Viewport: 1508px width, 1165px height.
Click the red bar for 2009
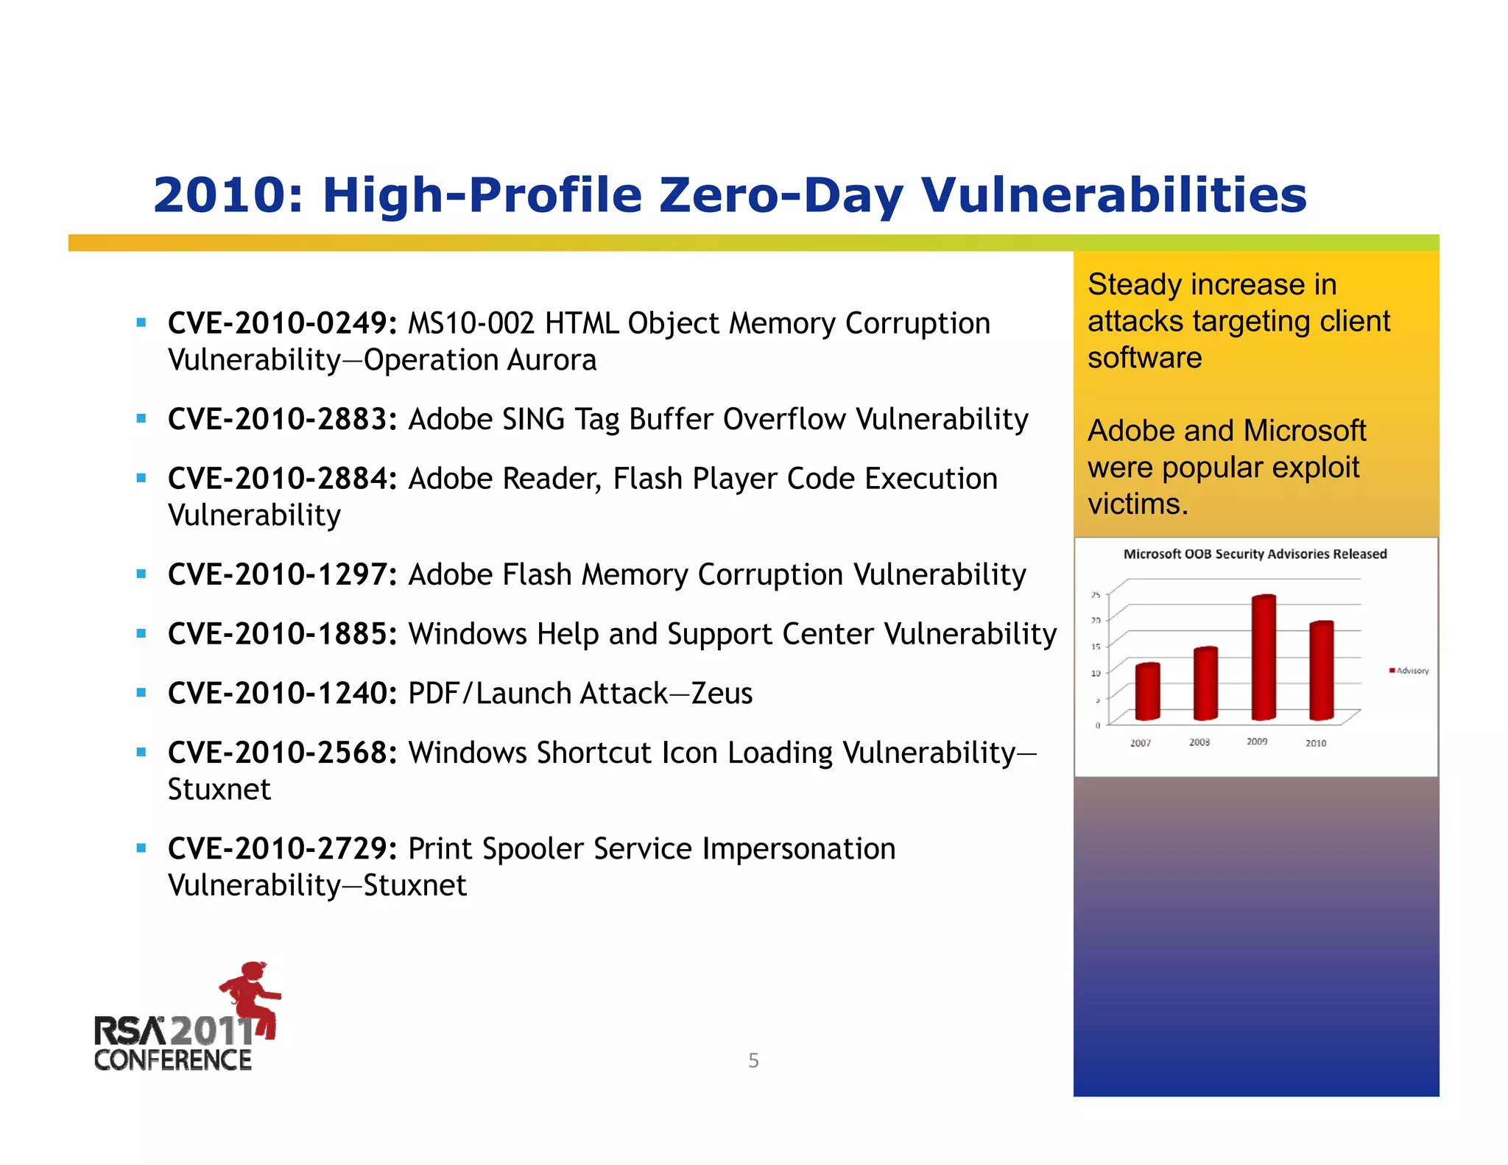(x=1264, y=658)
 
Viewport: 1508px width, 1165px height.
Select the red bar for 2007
(x=1147, y=692)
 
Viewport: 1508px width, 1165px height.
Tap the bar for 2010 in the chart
(x=1321, y=671)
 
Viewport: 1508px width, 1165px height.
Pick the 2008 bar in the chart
(x=1205, y=684)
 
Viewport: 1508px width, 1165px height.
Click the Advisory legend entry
(x=1409, y=671)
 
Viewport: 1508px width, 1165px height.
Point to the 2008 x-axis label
(x=1199, y=742)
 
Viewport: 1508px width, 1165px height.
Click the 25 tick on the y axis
(x=1096, y=594)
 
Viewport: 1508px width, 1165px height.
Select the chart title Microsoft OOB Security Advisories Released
(x=1255, y=555)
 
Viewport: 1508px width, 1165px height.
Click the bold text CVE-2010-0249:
(x=283, y=324)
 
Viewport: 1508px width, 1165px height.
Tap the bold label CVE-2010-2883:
(x=283, y=420)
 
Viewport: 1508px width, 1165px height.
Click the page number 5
(x=753, y=1060)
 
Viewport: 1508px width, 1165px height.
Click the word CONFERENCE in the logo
(x=173, y=1060)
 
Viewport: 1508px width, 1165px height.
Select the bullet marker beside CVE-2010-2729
(x=141, y=848)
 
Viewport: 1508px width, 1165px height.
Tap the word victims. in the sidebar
(x=1138, y=504)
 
